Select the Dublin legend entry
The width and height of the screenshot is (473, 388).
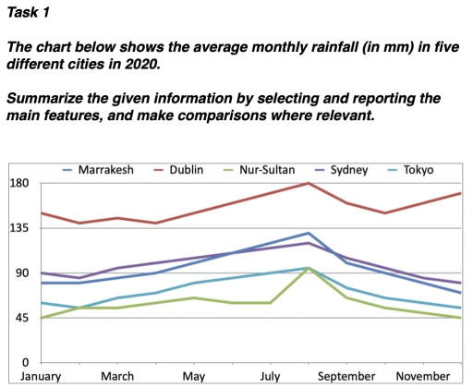click(x=190, y=170)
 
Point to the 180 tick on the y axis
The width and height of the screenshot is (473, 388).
click(x=19, y=184)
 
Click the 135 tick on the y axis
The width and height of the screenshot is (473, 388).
click(x=19, y=228)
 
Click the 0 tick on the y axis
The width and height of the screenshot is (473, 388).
click(x=26, y=362)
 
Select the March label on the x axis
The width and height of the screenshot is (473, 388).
click(x=117, y=377)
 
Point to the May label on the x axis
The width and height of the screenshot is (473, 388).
click(x=194, y=377)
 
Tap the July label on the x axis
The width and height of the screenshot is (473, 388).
click(x=270, y=377)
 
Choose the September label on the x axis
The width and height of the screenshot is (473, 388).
click(x=346, y=377)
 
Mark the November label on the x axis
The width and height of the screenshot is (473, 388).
click(x=423, y=377)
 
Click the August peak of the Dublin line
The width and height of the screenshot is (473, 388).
click(x=308, y=183)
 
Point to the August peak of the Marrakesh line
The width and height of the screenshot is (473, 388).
click(x=308, y=233)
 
